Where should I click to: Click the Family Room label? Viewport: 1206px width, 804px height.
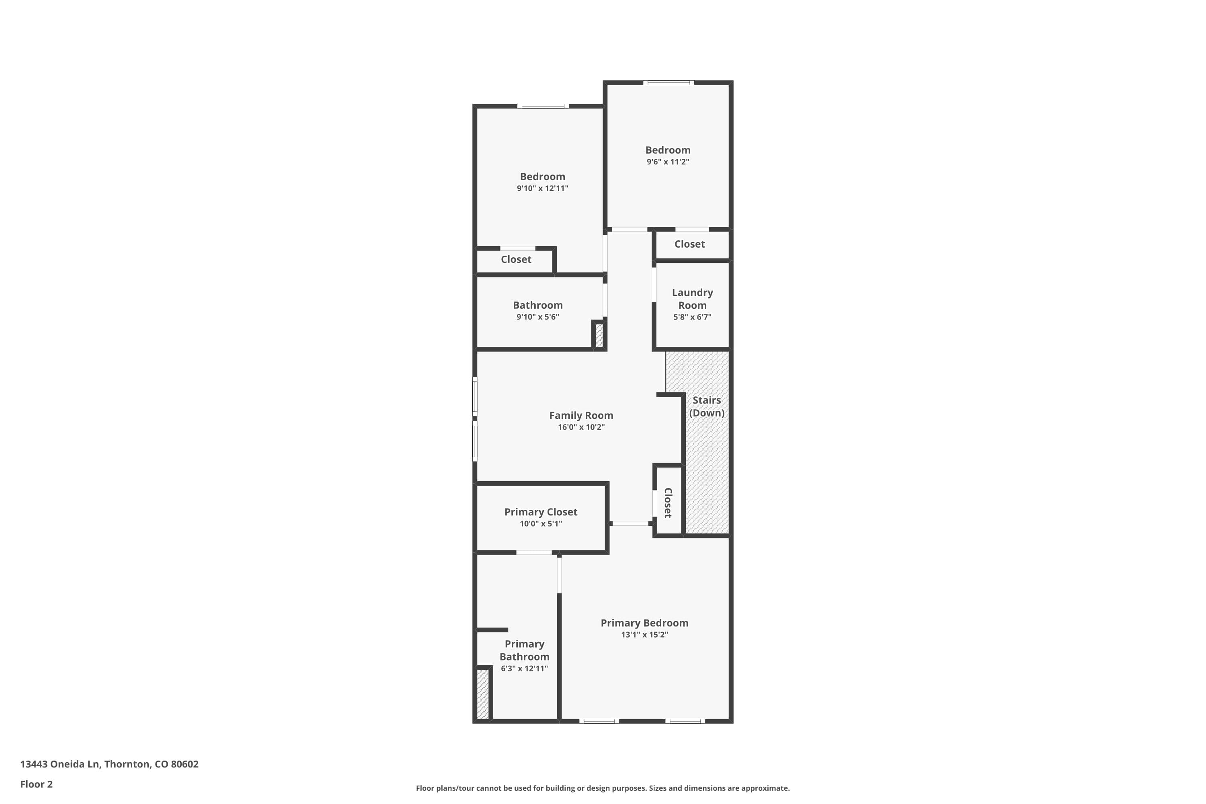pyautogui.click(x=581, y=415)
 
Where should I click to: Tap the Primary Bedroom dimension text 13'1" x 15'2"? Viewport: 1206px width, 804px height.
pyautogui.click(x=644, y=635)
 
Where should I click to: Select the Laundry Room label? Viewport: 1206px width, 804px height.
pyautogui.click(x=692, y=298)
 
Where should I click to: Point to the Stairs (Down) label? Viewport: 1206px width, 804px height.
pyautogui.click(x=707, y=406)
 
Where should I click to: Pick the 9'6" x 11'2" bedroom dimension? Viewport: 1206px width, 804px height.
pyautogui.click(x=668, y=162)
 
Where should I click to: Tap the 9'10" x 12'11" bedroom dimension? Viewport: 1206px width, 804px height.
pyautogui.click(x=542, y=188)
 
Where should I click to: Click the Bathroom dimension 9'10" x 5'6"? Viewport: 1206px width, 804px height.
pyautogui.click(x=537, y=317)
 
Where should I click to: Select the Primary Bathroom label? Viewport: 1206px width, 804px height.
pyautogui.click(x=524, y=650)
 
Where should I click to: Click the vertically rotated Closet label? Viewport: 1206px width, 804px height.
pyautogui.click(x=668, y=503)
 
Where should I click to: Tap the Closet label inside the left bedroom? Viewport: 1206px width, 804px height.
pyautogui.click(x=516, y=259)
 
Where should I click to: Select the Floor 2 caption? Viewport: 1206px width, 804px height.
pyautogui.click(x=37, y=784)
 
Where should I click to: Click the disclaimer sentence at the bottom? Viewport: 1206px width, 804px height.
pyautogui.click(x=603, y=788)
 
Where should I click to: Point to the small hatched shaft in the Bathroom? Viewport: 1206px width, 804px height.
pyautogui.click(x=599, y=335)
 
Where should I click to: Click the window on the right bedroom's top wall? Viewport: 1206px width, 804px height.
pyautogui.click(x=669, y=82)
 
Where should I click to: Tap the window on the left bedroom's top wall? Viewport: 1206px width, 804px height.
pyautogui.click(x=542, y=106)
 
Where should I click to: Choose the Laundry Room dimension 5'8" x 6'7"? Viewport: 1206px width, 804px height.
pyautogui.click(x=692, y=317)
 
